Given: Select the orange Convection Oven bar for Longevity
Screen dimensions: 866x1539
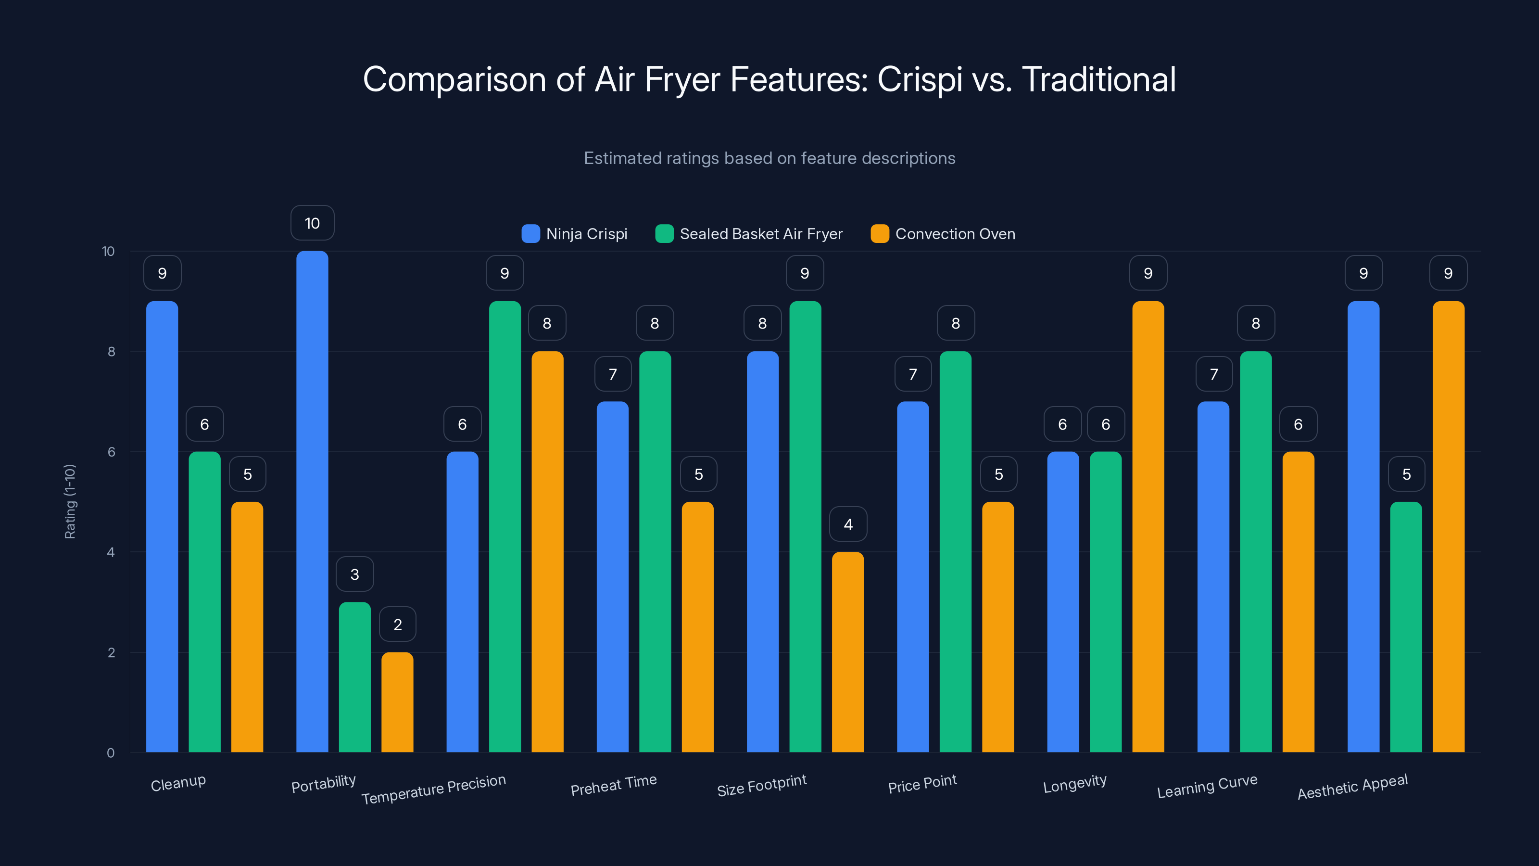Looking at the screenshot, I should tap(1148, 526).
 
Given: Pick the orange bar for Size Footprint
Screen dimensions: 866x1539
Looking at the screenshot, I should tap(848, 651).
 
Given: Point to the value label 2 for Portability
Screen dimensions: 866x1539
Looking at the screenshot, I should tap(397, 624).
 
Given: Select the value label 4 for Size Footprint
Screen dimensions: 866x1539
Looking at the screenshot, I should tap(848, 524).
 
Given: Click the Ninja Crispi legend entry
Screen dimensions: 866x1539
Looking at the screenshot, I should tap(575, 234).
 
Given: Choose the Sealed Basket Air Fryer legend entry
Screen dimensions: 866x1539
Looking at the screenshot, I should tap(749, 234).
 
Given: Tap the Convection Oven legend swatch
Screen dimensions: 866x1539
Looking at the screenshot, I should tap(880, 234).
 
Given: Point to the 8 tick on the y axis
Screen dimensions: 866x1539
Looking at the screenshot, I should tap(111, 351).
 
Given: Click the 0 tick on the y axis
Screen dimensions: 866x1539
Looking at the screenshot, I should tap(111, 753).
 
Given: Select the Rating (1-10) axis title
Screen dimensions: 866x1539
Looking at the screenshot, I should tap(70, 501).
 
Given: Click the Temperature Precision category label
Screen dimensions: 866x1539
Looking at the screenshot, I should tap(434, 789).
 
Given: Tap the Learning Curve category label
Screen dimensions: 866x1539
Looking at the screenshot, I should tap(1207, 786).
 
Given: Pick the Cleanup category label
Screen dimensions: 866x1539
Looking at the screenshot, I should tap(178, 783).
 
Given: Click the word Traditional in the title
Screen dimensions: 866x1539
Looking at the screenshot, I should tap(1098, 79).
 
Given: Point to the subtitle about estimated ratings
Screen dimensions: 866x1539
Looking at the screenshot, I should tap(769, 158).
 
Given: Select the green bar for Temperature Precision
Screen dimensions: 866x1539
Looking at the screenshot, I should tap(505, 526).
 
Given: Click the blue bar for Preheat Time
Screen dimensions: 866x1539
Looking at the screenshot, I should tap(612, 577).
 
